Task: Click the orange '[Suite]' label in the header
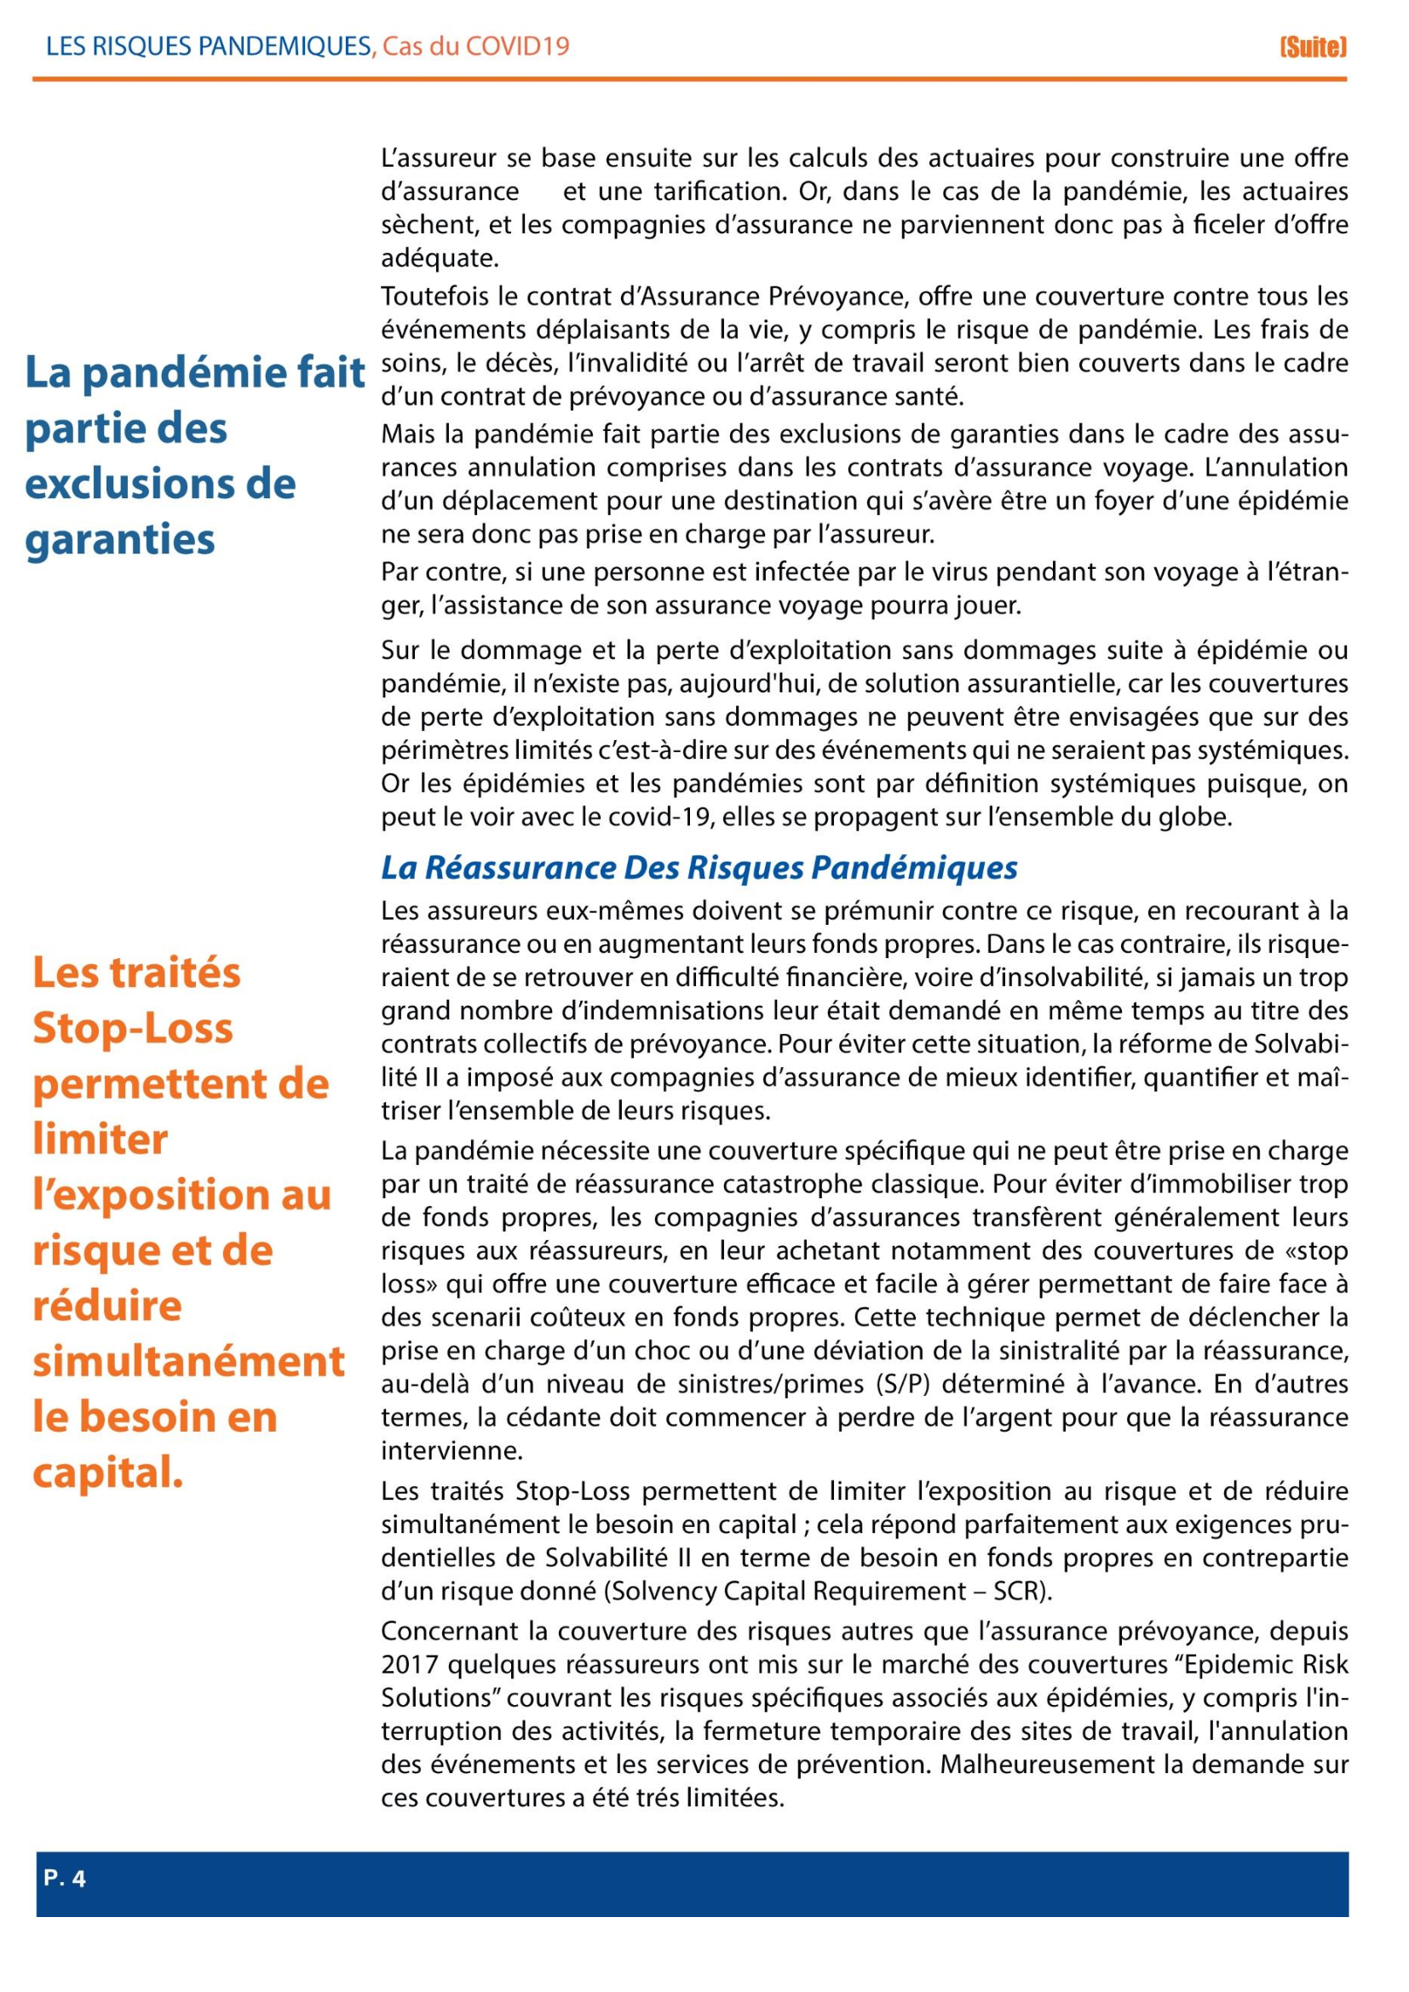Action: tap(1313, 47)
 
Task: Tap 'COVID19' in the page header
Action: tap(517, 47)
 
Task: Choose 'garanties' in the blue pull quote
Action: tap(120, 540)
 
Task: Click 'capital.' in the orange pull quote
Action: tap(107, 1472)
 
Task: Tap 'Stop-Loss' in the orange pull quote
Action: tap(133, 1028)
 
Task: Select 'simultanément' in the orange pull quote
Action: tap(188, 1361)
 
